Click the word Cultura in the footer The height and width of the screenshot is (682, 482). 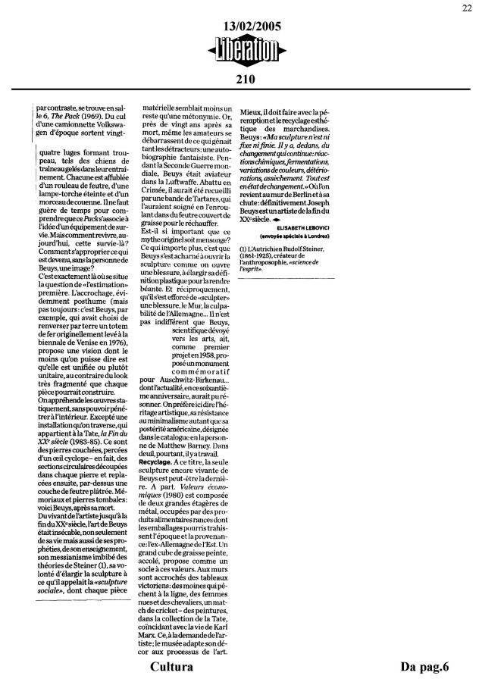point(174,667)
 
